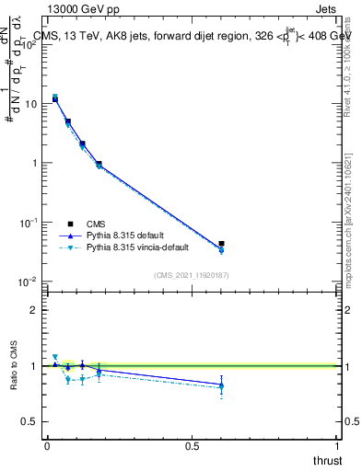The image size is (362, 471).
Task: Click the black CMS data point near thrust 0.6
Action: coord(221,244)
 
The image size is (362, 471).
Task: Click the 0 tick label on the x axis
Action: coord(47,446)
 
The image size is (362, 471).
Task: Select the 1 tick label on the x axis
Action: coord(338,446)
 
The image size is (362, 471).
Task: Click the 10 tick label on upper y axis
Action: coord(30,104)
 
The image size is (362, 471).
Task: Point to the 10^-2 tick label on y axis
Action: coord(29,281)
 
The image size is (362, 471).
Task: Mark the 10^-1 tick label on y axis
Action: coord(29,223)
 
